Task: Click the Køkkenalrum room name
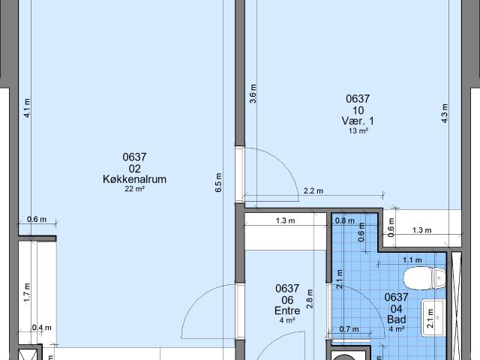pyautogui.click(x=134, y=179)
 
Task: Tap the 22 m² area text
pyautogui.click(x=134, y=189)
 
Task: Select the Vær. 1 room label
pyautogui.click(x=358, y=121)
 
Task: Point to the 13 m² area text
pyautogui.click(x=358, y=130)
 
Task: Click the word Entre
pyautogui.click(x=287, y=310)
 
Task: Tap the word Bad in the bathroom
pyautogui.click(x=396, y=318)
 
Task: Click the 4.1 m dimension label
pyautogui.click(x=27, y=109)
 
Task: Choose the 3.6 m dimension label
pyautogui.click(x=253, y=96)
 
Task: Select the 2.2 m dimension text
pyautogui.click(x=313, y=191)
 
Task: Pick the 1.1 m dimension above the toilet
pyautogui.click(x=412, y=260)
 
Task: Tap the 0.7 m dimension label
pyautogui.click(x=349, y=328)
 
